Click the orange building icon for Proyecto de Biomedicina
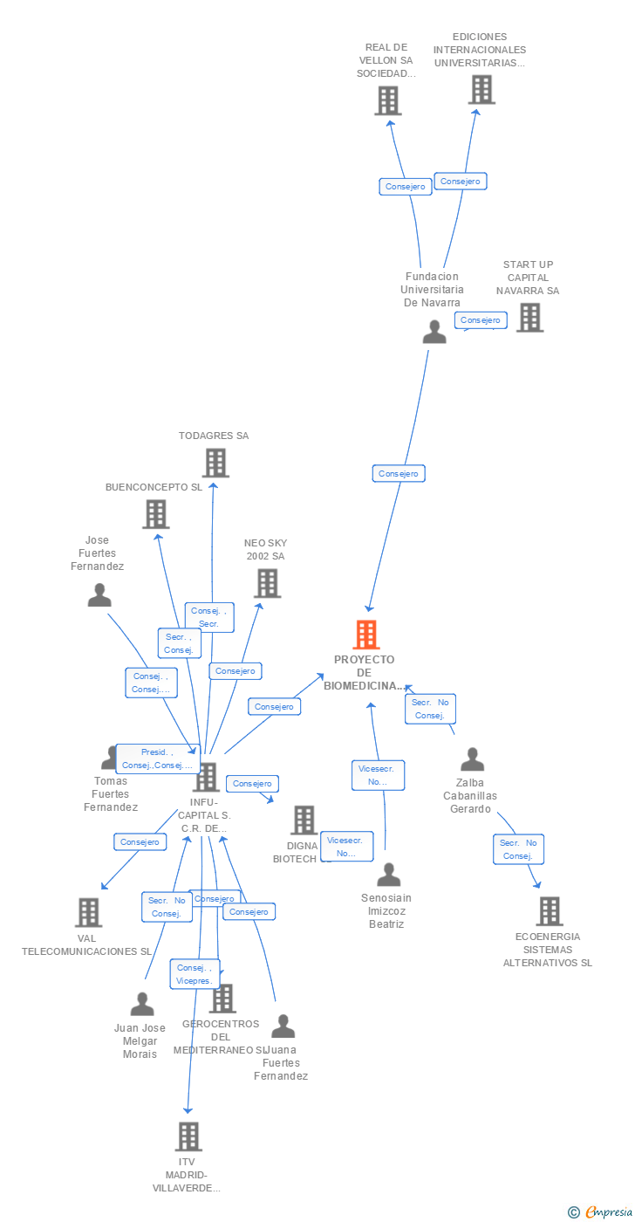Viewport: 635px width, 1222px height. point(366,635)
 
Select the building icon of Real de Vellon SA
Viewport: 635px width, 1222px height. point(388,101)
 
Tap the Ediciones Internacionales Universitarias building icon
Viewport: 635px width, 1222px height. point(481,90)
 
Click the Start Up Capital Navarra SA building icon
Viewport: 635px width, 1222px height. point(529,318)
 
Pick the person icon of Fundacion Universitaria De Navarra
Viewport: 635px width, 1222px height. point(434,332)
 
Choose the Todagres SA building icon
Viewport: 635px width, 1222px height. point(215,463)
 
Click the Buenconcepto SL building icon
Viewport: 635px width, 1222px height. point(155,514)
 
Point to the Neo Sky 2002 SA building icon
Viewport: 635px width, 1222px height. point(267,583)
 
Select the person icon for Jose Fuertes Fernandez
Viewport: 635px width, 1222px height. point(99,595)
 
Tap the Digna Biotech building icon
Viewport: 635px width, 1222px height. point(304,820)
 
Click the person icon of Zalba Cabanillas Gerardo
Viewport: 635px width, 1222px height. point(472,759)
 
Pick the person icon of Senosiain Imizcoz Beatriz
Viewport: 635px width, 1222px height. point(388,874)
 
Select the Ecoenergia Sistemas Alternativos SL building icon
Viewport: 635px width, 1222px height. point(549,911)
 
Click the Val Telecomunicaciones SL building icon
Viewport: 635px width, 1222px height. point(88,912)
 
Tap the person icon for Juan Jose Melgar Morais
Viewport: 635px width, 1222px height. point(141,1005)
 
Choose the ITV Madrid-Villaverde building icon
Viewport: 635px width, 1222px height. point(188,1136)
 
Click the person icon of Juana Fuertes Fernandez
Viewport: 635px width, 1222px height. point(283,1026)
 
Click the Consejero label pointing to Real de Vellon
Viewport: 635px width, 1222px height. point(405,186)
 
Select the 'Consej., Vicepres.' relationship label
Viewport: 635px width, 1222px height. point(194,974)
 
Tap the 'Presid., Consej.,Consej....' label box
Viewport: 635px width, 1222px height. point(157,759)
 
